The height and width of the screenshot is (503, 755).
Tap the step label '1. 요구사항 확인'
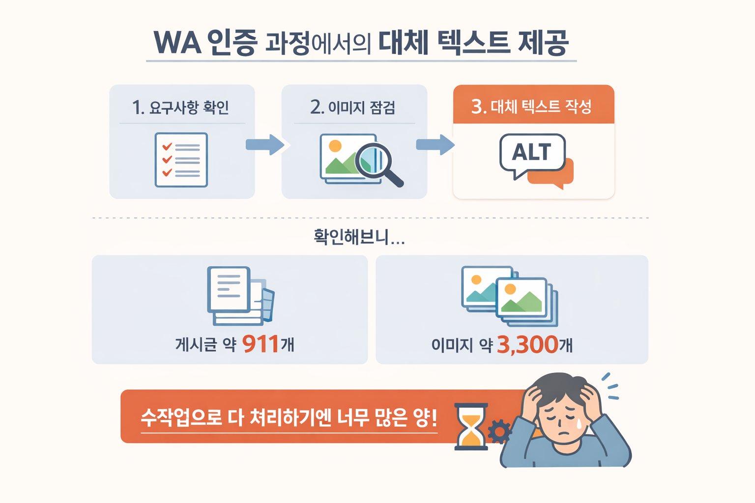(x=180, y=107)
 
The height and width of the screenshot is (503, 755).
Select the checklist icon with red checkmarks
(x=181, y=160)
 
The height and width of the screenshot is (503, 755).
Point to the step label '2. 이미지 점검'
(x=353, y=107)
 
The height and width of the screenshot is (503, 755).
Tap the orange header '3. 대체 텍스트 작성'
(x=533, y=106)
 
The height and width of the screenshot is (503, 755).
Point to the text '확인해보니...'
(x=359, y=237)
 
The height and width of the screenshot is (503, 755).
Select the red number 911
(x=261, y=344)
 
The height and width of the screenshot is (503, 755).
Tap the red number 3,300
(x=527, y=344)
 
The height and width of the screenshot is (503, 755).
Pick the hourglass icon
(x=471, y=426)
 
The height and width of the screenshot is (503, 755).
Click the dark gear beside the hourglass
(x=499, y=431)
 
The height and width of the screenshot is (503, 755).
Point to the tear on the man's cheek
(x=579, y=423)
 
